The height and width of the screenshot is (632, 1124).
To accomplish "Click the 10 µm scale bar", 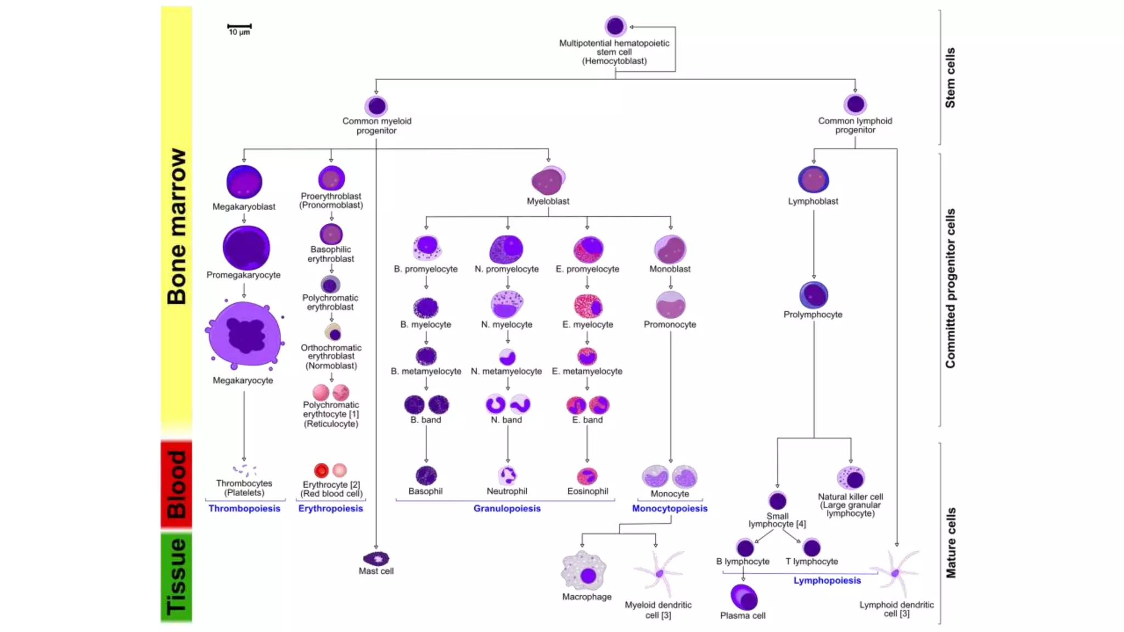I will [x=239, y=26].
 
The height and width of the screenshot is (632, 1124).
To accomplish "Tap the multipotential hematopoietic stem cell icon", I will [x=615, y=26].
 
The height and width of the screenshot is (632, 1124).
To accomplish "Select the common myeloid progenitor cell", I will [x=376, y=106].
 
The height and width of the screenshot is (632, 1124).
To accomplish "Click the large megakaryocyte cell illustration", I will [x=245, y=334].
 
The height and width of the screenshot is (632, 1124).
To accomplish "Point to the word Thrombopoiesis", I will [x=244, y=509].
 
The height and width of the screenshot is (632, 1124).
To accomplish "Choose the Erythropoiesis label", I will [x=330, y=509].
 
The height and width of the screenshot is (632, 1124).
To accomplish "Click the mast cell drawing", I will [x=376, y=559].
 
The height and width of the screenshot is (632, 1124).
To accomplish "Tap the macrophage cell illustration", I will [x=585, y=572].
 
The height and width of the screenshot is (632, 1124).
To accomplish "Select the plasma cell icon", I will [x=744, y=597].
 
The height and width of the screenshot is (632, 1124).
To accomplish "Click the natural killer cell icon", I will [x=851, y=478].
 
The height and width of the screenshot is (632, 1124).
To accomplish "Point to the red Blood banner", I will [x=176, y=484].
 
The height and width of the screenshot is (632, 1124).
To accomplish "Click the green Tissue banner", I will [x=176, y=577].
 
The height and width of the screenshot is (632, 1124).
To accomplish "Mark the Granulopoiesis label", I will [x=507, y=509].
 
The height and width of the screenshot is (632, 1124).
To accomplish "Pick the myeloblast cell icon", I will [x=548, y=180].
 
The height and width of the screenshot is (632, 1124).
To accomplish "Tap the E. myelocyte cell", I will [x=588, y=307].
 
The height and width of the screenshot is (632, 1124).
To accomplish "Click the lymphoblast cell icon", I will [x=813, y=179].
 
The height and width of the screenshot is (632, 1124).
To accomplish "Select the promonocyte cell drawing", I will [x=670, y=304].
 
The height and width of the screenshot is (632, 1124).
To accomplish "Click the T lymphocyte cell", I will [x=812, y=548].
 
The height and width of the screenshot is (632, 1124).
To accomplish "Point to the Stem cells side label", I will [x=950, y=77].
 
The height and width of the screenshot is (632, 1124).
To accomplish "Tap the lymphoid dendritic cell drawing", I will [x=896, y=573].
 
